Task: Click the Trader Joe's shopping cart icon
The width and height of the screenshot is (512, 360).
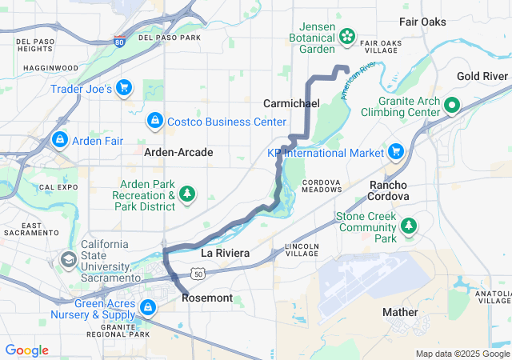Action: coord(123,87)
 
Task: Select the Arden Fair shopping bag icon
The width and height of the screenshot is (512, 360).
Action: coord(59,140)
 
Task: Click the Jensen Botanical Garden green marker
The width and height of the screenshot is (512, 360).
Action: coord(347,35)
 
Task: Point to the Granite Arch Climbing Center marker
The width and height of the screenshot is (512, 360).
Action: coord(451,105)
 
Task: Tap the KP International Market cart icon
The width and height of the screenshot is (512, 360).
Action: coord(394,150)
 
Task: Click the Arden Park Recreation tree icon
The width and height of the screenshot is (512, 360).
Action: coord(187,194)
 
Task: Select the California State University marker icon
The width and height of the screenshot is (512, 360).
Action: coord(70,260)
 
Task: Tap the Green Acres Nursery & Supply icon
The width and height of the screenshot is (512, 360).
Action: coord(147,307)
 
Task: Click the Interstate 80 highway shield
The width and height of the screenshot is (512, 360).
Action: coord(118,42)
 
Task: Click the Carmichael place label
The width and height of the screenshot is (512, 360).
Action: coord(291,104)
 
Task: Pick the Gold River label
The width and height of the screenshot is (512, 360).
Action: coord(482,76)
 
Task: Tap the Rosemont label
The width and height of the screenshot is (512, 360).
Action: coord(207,298)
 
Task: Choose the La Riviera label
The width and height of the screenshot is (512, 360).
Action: coord(225,253)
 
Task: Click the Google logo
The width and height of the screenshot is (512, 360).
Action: coord(27,350)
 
